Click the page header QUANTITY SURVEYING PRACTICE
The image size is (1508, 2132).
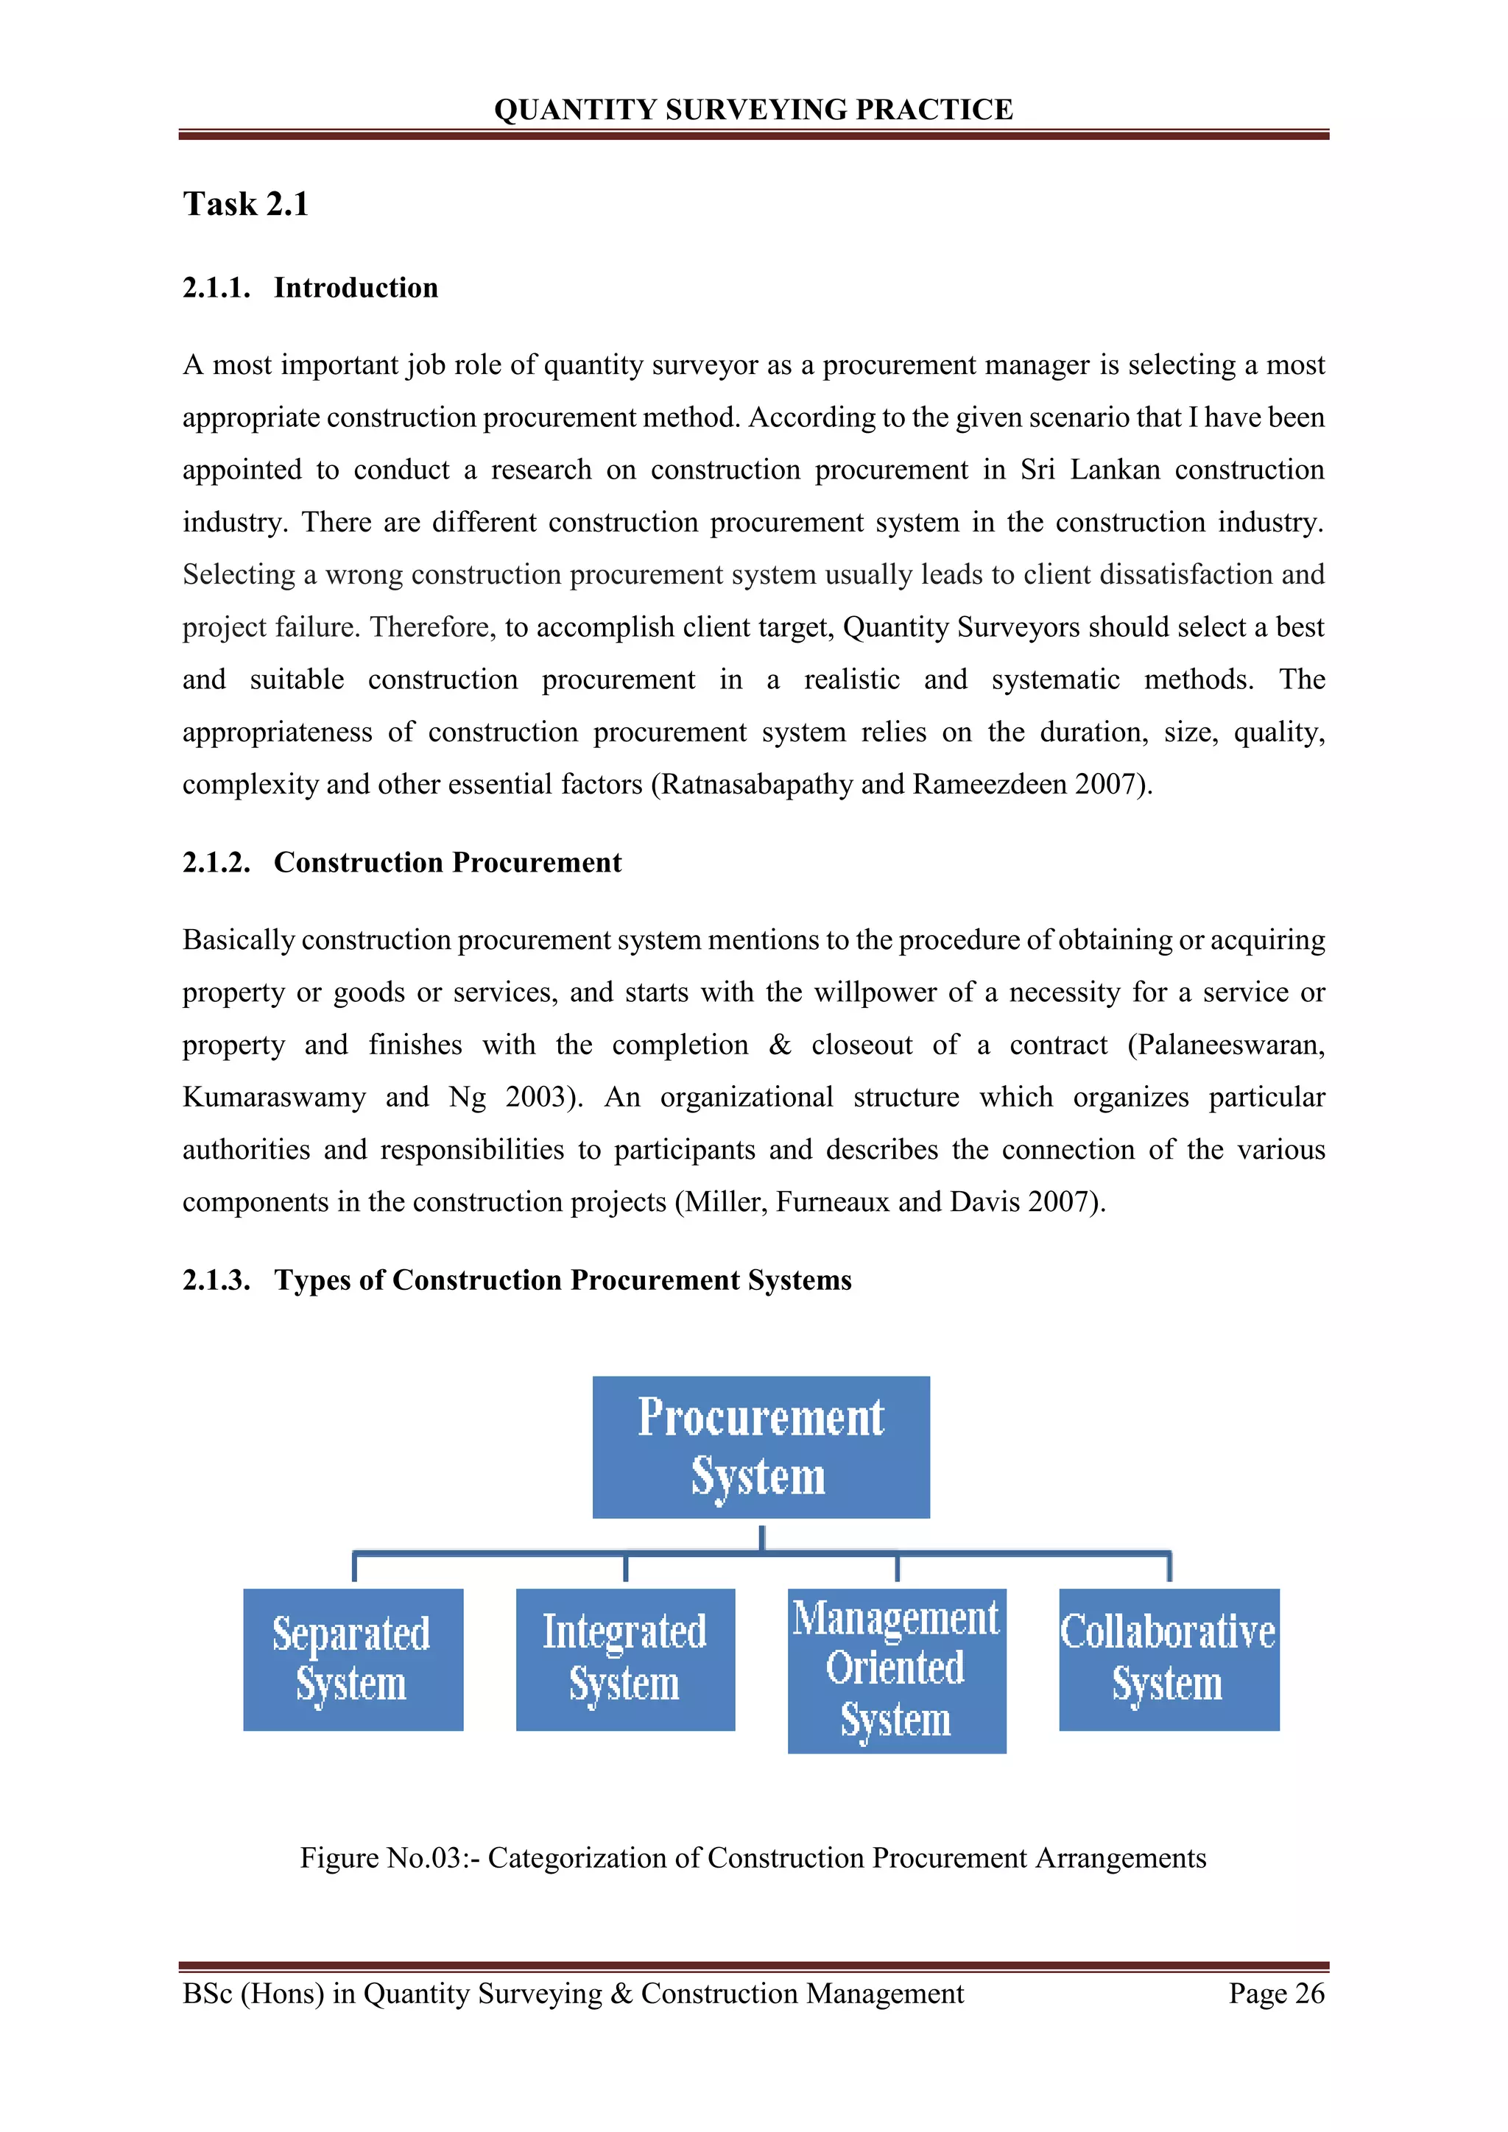(x=753, y=110)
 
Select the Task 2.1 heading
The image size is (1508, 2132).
(x=245, y=203)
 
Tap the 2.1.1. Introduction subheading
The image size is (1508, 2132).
(x=310, y=288)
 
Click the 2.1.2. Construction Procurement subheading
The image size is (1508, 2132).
(x=401, y=863)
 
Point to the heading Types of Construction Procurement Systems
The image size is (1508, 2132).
(x=562, y=1280)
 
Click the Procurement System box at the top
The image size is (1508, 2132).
(x=761, y=1447)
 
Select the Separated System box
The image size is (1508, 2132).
(x=353, y=1659)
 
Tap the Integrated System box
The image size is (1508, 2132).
(x=625, y=1659)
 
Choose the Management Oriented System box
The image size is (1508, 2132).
(x=896, y=1670)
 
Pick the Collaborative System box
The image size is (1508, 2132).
(x=1168, y=1659)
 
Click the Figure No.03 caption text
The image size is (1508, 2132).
(x=753, y=1858)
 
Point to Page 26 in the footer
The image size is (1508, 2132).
(x=1276, y=1994)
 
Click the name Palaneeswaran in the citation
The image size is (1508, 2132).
(x=1231, y=1045)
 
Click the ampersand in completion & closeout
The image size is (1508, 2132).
(x=780, y=1045)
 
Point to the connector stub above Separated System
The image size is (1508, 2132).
(x=355, y=1567)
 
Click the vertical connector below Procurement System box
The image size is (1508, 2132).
(x=761, y=1536)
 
